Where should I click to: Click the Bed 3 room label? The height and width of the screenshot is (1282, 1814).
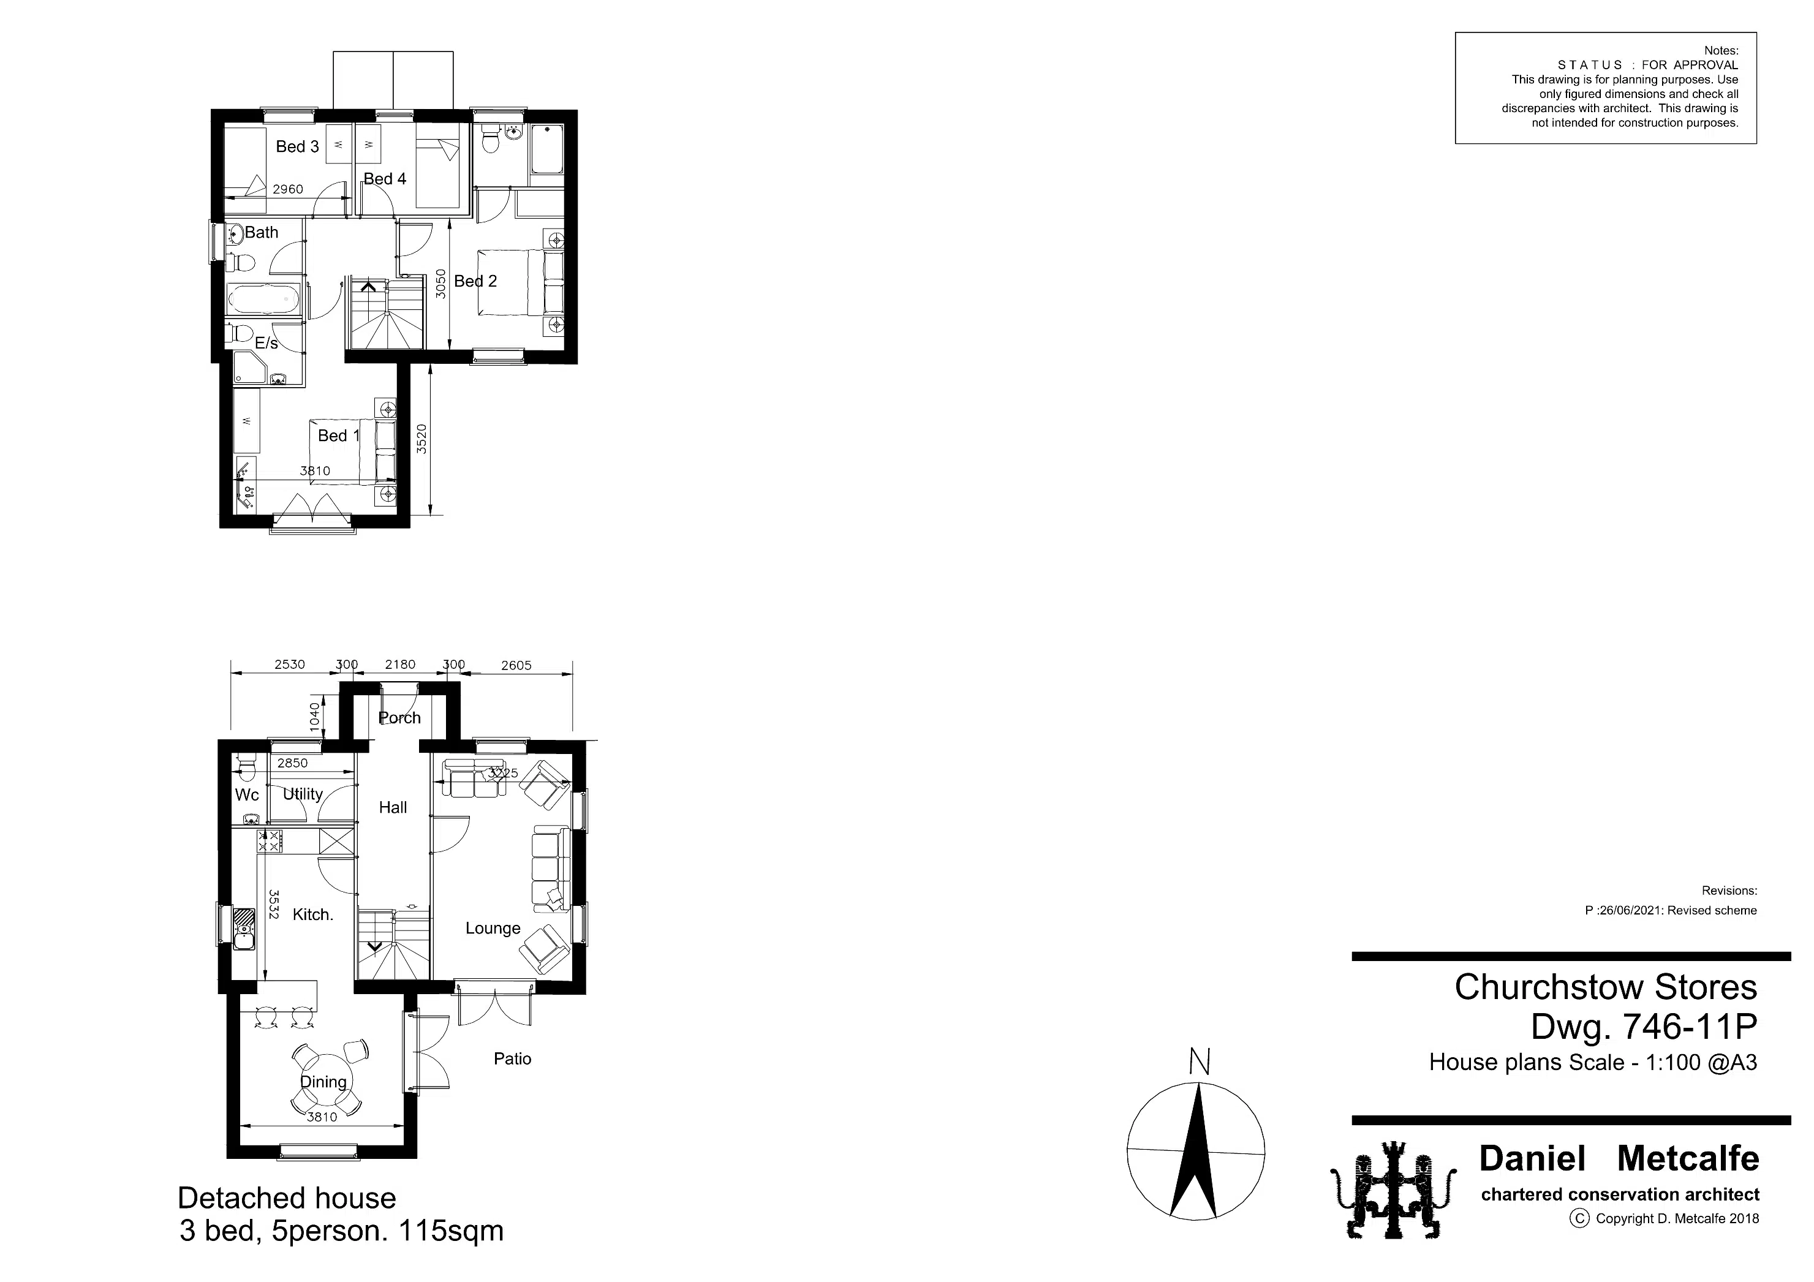(x=297, y=146)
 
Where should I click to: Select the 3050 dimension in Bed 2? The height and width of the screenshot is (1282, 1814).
(x=442, y=284)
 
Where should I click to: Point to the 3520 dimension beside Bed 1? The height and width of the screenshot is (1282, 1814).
(x=422, y=439)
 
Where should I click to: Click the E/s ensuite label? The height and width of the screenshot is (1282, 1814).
(x=266, y=343)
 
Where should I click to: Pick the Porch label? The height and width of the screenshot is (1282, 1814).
(x=400, y=717)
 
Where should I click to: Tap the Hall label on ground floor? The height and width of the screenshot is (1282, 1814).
(x=393, y=807)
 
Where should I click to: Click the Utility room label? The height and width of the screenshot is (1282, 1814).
(x=303, y=794)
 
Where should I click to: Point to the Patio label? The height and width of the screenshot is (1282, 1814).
(x=513, y=1058)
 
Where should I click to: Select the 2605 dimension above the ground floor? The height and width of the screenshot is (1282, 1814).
(x=516, y=665)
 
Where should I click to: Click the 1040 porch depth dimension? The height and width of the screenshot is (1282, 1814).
(x=314, y=717)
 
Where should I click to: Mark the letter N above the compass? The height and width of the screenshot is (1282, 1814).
(x=1200, y=1061)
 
